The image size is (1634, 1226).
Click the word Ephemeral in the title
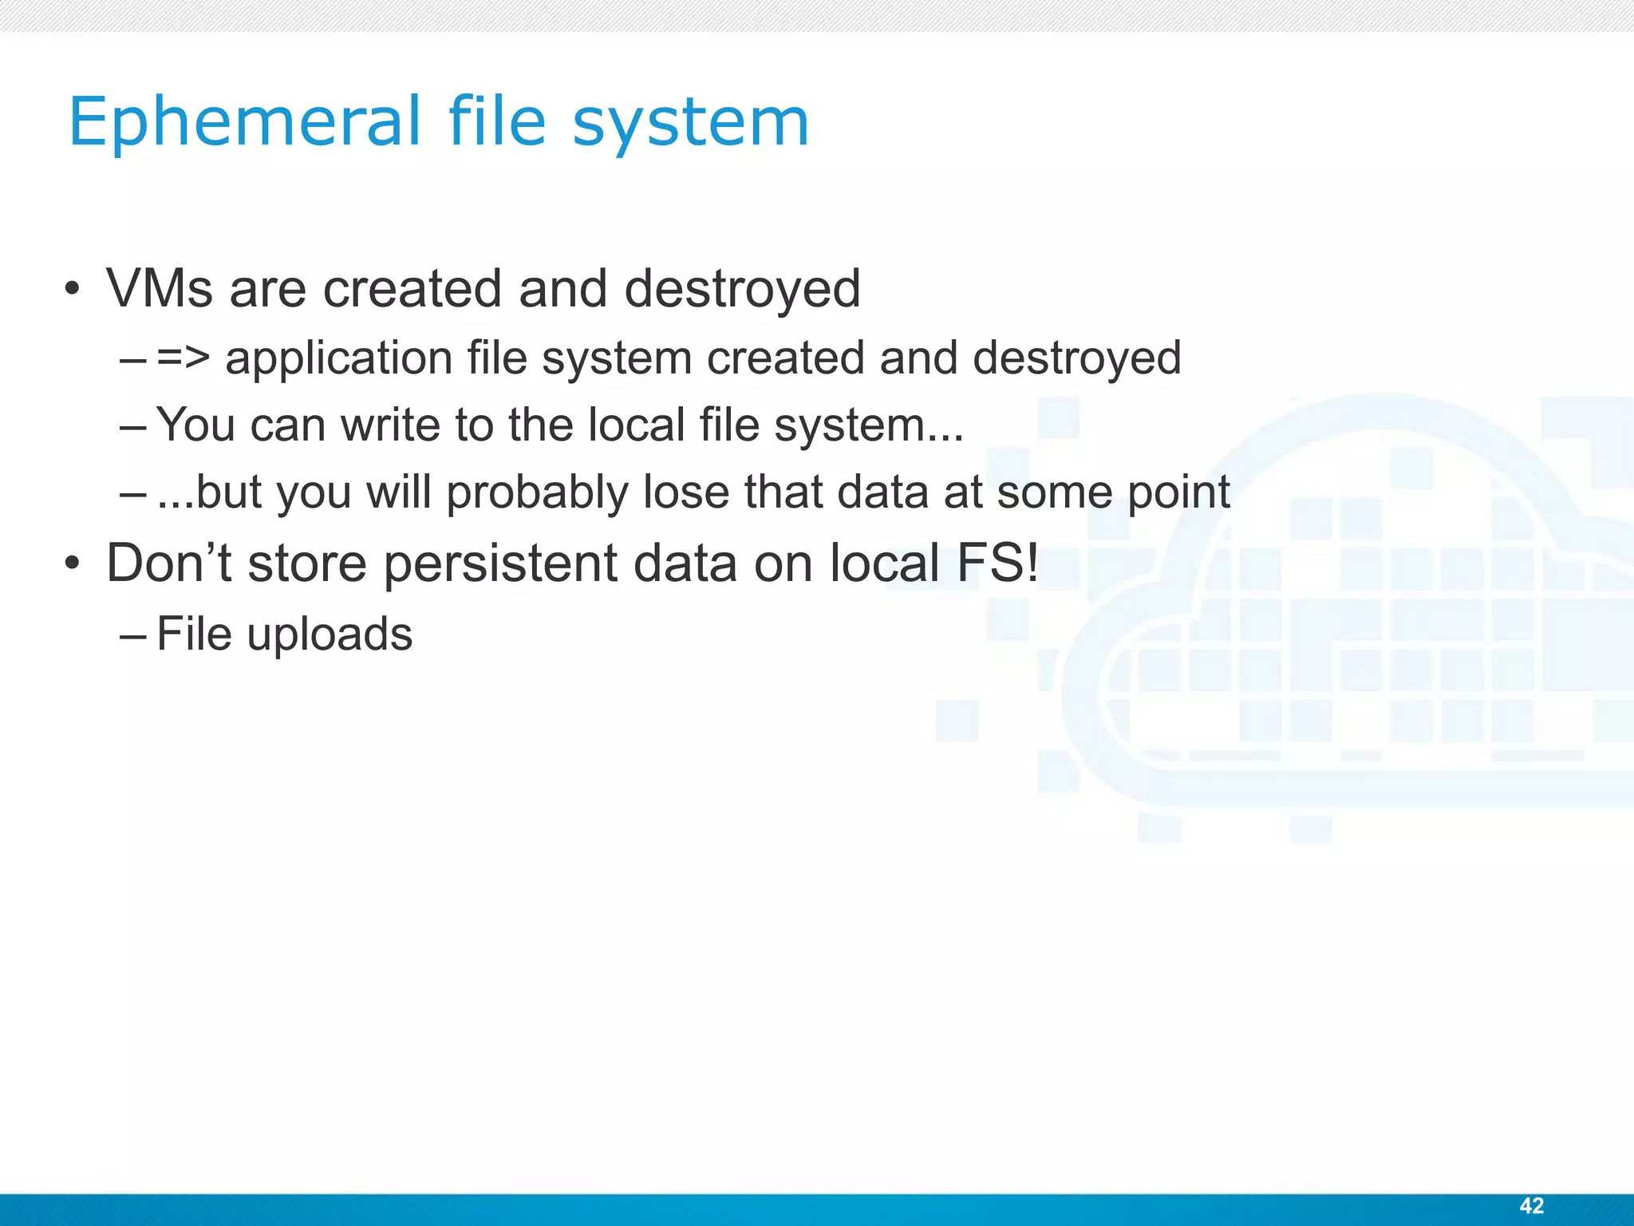coord(244,122)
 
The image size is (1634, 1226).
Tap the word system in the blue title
coord(690,124)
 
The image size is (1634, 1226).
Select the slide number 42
coord(1531,1205)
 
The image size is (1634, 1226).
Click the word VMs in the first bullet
coord(160,288)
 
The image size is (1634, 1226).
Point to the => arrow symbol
coord(184,358)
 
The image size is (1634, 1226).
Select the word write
coord(391,425)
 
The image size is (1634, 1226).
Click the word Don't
coord(168,563)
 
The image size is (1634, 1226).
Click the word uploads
coord(330,635)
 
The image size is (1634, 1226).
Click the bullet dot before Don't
coord(73,564)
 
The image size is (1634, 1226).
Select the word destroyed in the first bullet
coord(742,288)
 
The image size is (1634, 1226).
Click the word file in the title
coord(497,122)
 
